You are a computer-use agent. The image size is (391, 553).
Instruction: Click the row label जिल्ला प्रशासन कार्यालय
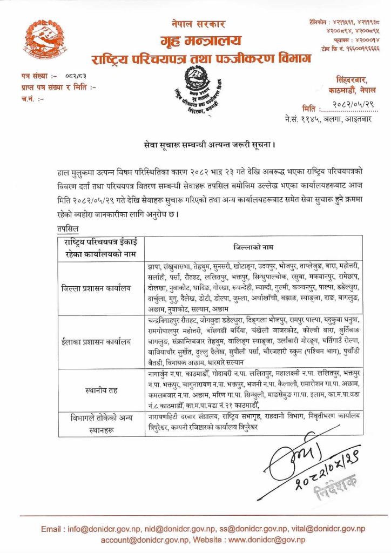(x=96, y=289)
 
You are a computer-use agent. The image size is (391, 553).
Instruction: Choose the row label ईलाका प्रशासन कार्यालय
(x=96, y=341)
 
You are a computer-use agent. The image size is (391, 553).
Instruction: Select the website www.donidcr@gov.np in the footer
(x=267, y=539)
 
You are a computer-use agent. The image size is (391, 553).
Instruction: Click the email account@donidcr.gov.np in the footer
(x=143, y=539)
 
